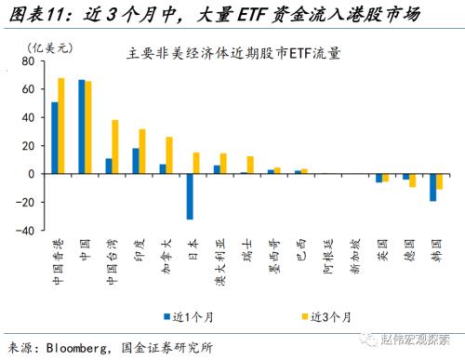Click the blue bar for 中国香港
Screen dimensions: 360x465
pos(55,138)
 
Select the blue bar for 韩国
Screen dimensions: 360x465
pos(432,187)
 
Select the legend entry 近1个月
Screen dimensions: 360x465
pos(194,316)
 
